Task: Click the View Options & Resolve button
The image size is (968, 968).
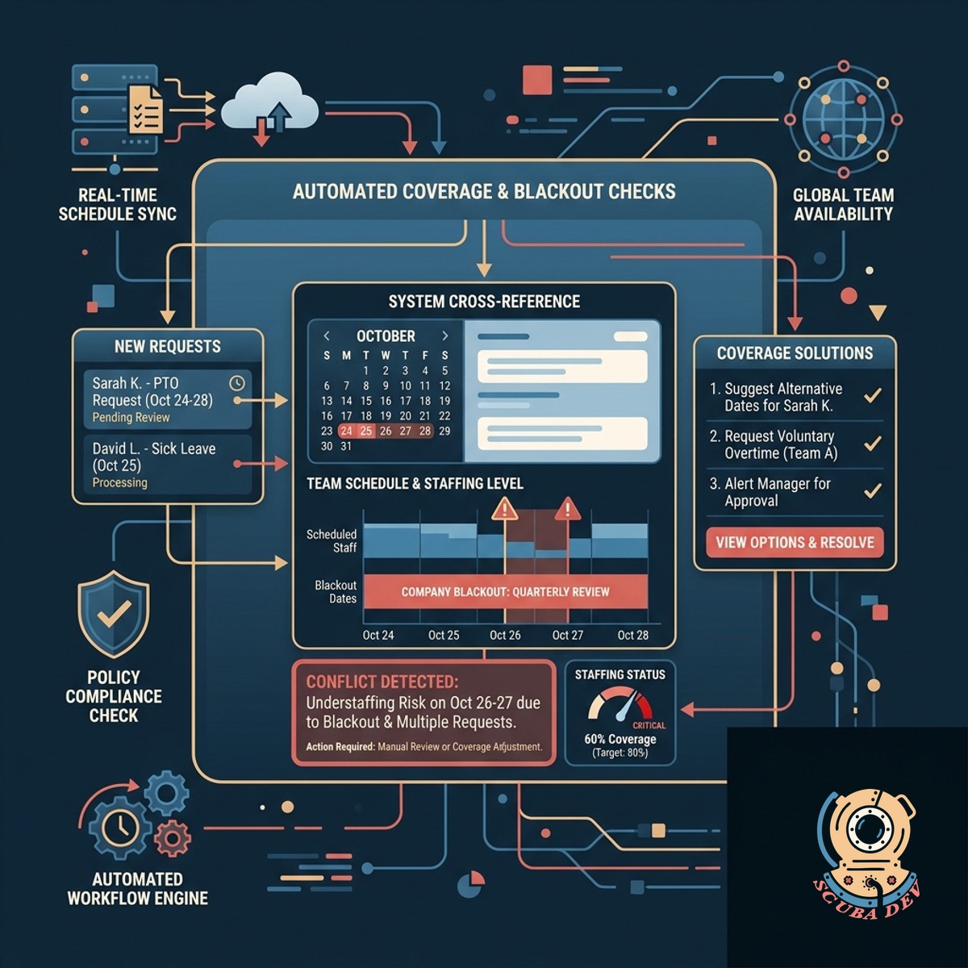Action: (795, 543)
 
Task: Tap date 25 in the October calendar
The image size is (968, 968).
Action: (365, 431)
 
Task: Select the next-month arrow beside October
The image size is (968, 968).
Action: (444, 336)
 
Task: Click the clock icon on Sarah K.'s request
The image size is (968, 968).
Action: (237, 383)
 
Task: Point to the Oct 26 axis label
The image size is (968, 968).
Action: (505, 635)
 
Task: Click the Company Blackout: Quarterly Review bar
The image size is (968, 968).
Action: (505, 592)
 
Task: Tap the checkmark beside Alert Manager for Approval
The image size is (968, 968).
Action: (873, 490)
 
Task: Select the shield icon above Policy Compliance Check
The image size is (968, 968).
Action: (114, 614)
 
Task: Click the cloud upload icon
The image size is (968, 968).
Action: (269, 106)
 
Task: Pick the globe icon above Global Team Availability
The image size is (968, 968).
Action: (844, 119)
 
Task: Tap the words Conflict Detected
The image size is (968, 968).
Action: (382, 682)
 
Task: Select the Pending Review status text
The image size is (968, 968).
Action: (131, 417)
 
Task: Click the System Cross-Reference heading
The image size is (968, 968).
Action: (484, 302)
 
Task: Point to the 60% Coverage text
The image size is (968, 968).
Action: (620, 739)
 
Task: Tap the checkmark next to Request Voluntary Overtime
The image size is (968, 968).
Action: (873, 443)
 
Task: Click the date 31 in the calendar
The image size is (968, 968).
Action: (346, 446)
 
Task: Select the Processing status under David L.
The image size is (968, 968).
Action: (120, 482)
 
